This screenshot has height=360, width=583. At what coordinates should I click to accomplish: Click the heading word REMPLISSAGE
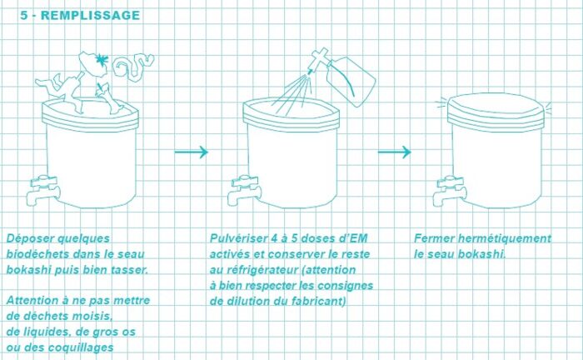click(90, 15)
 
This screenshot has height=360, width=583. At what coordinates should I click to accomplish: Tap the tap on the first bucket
click(43, 190)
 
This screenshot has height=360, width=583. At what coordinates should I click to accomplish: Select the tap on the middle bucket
click(244, 190)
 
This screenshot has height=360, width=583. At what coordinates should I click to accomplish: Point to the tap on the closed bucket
click(450, 191)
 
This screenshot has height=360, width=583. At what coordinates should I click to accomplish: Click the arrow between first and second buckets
click(191, 152)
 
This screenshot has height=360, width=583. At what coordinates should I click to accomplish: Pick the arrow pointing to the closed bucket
click(395, 152)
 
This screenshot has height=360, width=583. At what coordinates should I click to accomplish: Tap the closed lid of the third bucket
click(496, 108)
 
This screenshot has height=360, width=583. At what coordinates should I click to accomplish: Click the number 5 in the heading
click(24, 15)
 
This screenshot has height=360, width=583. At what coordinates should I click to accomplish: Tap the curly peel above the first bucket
click(132, 67)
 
